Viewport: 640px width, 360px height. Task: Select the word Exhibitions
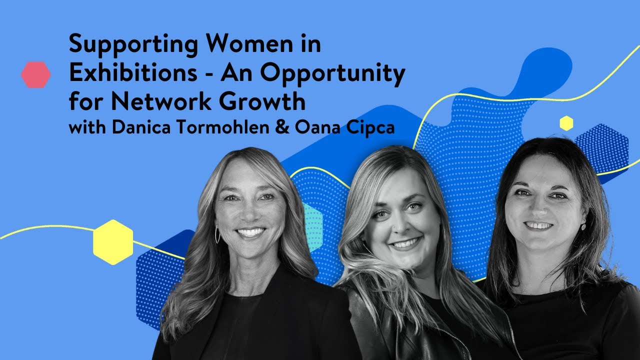pos(132,74)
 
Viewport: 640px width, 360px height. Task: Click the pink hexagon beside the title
pos(35,75)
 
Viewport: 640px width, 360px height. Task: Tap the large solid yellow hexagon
pos(113,242)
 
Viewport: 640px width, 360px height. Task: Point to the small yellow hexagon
pos(566,123)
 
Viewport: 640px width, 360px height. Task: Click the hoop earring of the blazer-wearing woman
pos(217,234)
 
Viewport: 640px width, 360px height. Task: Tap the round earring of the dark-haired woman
pos(583,226)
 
